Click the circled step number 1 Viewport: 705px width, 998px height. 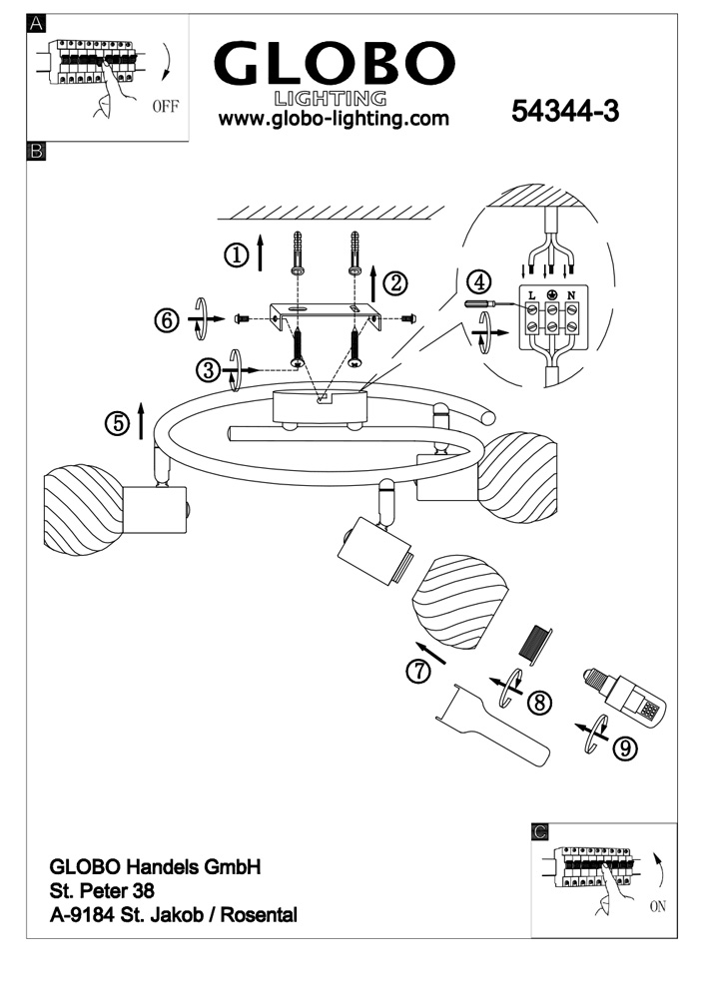point(236,255)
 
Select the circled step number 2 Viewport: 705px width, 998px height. point(395,283)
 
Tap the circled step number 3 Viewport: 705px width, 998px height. point(208,371)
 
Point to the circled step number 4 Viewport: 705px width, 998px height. point(480,282)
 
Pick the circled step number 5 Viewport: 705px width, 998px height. point(118,423)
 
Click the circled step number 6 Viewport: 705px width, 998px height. point(167,321)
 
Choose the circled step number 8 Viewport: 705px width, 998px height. point(539,702)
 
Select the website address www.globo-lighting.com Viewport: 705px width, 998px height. point(334,120)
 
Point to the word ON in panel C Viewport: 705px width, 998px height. point(657,907)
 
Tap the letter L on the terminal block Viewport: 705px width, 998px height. point(531,295)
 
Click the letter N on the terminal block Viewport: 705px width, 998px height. point(570,295)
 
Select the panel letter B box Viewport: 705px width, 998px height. point(37,152)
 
